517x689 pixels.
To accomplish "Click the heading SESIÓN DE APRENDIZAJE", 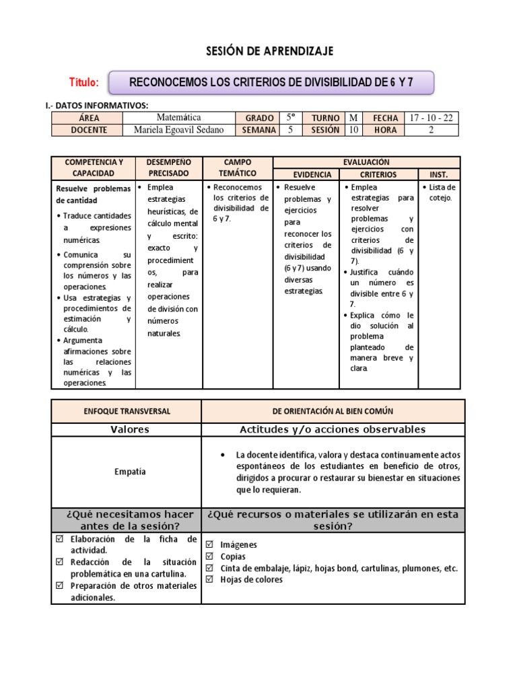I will tap(259, 51).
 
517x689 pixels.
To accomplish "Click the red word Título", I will tap(84, 83).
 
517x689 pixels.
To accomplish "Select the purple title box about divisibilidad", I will tap(271, 83).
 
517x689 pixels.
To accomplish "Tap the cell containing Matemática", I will tap(178, 118).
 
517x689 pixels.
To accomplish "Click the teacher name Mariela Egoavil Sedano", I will tap(178, 130).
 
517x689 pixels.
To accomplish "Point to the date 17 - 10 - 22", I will tap(432, 118).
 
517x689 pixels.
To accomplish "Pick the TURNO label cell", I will tap(325, 118).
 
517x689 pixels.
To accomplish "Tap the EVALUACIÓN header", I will tap(366, 162).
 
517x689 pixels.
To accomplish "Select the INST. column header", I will tap(439, 174).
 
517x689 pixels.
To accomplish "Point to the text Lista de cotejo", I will tap(441, 192).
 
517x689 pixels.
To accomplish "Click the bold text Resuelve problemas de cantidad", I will tap(93, 194).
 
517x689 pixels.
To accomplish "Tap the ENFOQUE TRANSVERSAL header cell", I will tap(127, 410).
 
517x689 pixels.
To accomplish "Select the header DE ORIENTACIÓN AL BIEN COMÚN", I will tap(333, 410).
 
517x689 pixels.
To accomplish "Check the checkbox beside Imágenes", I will tap(210, 544).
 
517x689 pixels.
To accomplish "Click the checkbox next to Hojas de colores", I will tap(210, 579).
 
